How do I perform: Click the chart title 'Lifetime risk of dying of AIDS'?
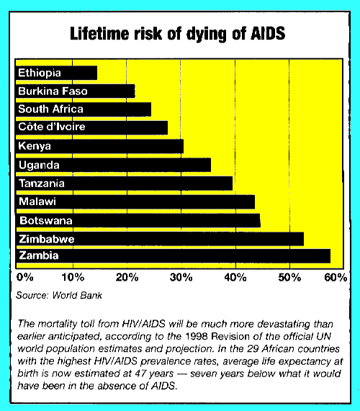pos(179,33)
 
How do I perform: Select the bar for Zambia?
pos(173,256)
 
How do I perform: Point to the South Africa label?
pos(50,109)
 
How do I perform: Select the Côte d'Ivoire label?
pos(53,127)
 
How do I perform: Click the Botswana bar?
pos(138,220)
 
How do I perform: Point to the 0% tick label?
pos(24,277)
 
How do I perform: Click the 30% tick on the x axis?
pos(181,277)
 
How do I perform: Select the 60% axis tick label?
pos(336,277)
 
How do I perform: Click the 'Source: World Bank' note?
pos(59,294)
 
